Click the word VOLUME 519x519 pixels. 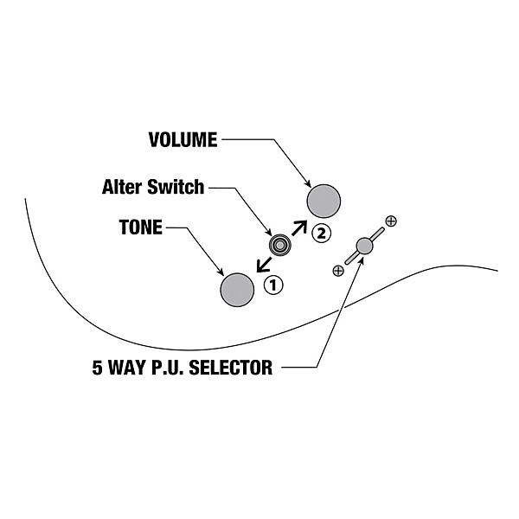coord(183,139)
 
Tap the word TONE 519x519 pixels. coord(140,228)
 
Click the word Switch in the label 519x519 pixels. coord(177,186)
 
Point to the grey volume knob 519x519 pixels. coord(324,202)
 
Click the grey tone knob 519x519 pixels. coord(237,289)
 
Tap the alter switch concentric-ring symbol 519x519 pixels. coord(279,245)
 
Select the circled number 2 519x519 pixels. coord(321,233)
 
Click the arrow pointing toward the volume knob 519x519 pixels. coord(299,227)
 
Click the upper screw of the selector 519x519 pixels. coord(391,221)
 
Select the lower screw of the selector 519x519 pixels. coord(338,271)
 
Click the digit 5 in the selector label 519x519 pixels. coord(98,368)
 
